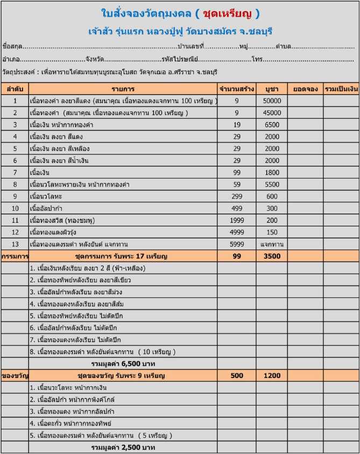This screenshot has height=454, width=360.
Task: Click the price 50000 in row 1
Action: [x=272, y=101]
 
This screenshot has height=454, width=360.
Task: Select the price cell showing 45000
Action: [x=272, y=112]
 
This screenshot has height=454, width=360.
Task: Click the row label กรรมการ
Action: [x=15, y=256]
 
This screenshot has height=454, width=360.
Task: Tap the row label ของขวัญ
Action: [x=15, y=375]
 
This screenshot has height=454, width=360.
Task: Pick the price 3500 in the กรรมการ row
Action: [x=272, y=256]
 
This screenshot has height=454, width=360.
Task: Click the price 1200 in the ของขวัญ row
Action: [x=272, y=375]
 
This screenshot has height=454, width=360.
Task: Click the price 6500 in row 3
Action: [x=272, y=124]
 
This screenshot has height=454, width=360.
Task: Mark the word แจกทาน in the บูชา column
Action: [x=272, y=244]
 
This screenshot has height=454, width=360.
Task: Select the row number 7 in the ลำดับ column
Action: [x=15, y=172]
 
